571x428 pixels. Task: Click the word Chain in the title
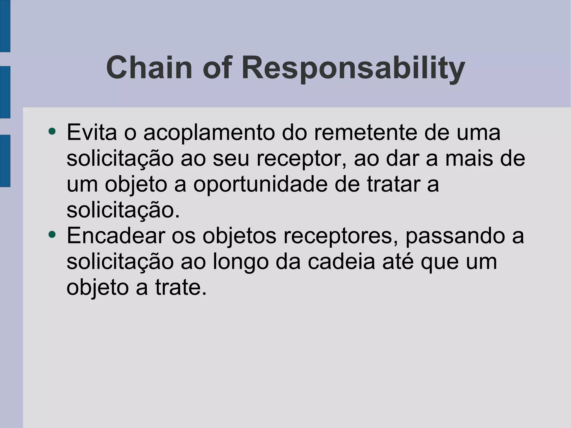pyautogui.click(x=149, y=68)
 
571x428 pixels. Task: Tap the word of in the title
pyautogui.click(x=217, y=68)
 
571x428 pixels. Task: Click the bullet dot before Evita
pyautogui.click(x=52, y=131)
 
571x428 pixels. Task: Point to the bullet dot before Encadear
pyautogui.click(x=52, y=234)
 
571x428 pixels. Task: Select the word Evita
pyautogui.click(x=92, y=132)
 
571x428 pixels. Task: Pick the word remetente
pyautogui.click(x=366, y=132)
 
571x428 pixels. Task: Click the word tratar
pyautogui.click(x=393, y=184)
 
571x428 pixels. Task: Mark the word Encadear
pyautogui.click(x=116, y=236)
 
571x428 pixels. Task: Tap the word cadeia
pyautogui.click(x=341, y=262)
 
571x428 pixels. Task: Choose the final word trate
pyautogui.click(x=180, y=288)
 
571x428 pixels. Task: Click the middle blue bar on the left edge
pyautogui.click(x=5, y=92)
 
